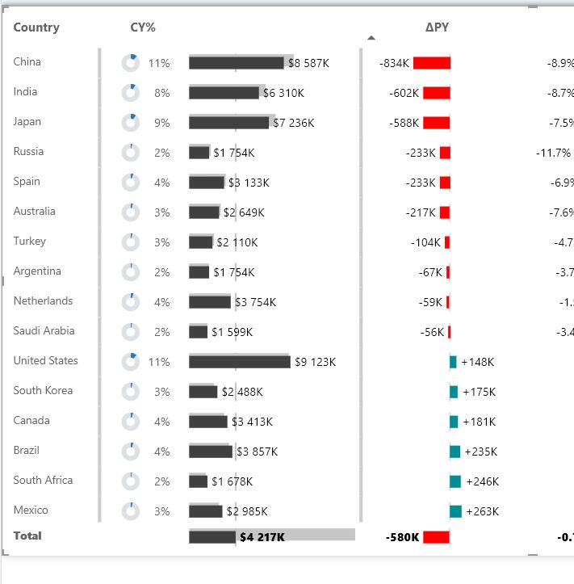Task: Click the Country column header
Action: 36,27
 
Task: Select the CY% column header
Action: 143,27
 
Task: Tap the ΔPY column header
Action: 437,27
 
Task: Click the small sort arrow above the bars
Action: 371,37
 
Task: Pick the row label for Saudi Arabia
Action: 44,330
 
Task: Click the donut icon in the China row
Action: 131,63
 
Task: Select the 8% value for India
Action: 162,93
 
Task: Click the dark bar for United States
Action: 239,362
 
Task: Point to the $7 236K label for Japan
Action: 293,123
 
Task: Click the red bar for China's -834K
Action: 431,63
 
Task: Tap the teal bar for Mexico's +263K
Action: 455,511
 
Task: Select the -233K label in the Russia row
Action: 421,153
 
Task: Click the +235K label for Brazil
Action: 480,452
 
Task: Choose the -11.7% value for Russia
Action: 554,153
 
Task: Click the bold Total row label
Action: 27,536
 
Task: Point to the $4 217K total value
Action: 262,536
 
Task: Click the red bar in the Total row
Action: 436,537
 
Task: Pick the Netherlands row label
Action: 43,300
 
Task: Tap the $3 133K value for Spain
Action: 249,183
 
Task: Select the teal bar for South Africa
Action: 455,481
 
